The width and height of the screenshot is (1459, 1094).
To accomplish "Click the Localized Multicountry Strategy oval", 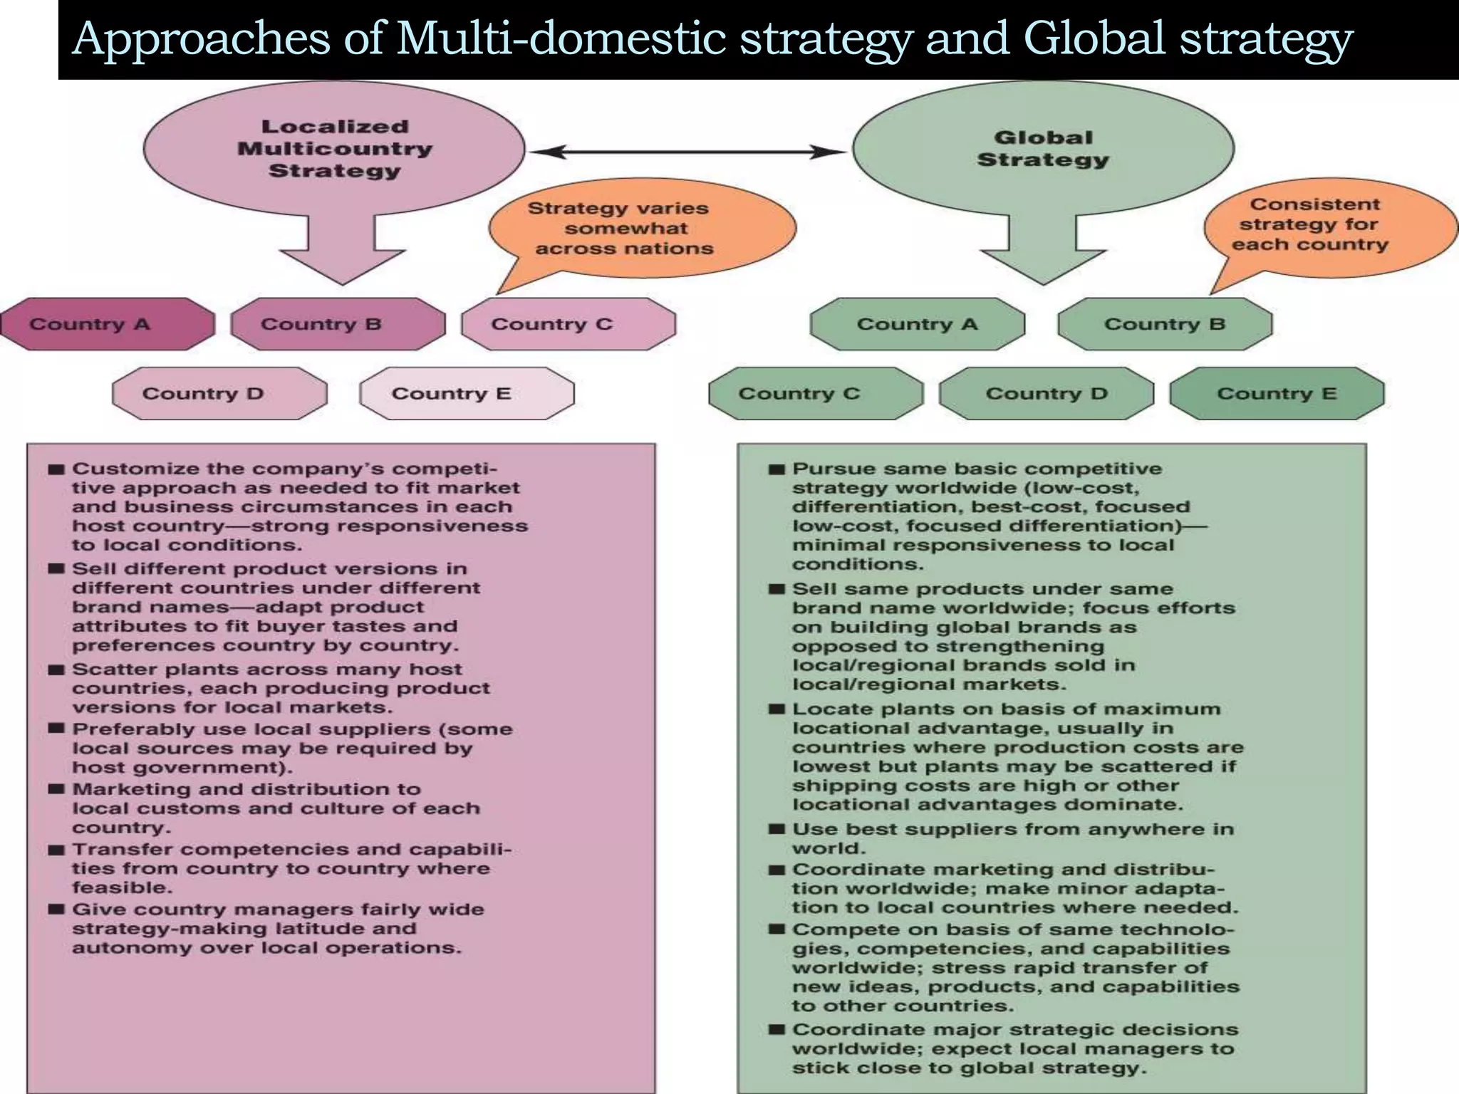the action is pos(334,148).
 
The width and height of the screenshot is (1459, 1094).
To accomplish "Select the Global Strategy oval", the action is pos(1043,148).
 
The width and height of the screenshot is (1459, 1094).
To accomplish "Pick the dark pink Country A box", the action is pos(108,324).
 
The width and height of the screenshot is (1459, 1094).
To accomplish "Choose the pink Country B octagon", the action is pos(338,324).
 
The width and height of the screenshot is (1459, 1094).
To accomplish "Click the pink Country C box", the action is pos(568,324).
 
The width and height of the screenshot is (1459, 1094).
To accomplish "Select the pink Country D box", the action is pos(219,393).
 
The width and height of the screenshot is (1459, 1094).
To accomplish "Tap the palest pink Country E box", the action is pos(467,393).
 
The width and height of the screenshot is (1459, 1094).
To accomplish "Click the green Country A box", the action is pos(917,324).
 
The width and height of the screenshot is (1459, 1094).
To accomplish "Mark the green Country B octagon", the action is pos(1165,324).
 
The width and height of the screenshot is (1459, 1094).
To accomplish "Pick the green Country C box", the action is pos(816,393).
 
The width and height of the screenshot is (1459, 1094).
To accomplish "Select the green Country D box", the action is pos(1047,393).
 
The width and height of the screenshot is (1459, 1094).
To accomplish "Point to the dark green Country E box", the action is pos(1277,393).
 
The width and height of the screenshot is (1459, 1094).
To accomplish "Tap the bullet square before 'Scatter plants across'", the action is pos(56,670).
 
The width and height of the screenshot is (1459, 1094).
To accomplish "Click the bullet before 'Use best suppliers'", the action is pos(777,830).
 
